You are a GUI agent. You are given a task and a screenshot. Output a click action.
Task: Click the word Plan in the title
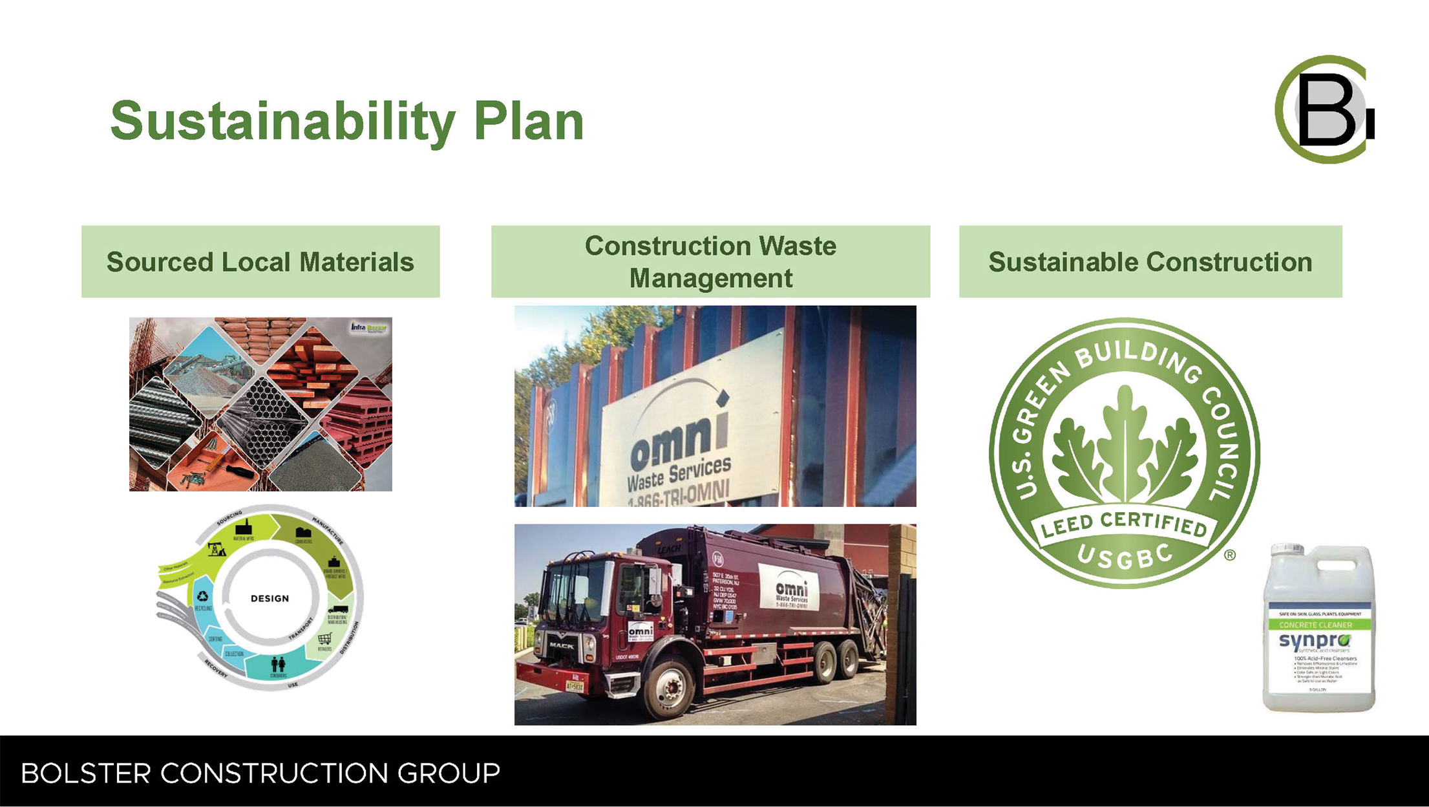click(529, 121)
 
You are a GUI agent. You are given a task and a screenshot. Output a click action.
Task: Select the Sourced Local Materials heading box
click(260, 261)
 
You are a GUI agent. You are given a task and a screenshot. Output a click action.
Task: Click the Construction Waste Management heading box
click(710, 261)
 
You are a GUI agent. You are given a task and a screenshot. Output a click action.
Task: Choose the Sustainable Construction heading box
click(1150, 261)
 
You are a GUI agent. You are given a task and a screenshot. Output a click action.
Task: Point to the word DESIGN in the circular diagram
click(270, 598)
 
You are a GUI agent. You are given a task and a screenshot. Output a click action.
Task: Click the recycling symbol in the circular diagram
click(203, 597)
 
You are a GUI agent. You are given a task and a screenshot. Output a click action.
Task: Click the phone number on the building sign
click(679, 495)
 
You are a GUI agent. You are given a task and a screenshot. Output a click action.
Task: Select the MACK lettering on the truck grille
click(561, 645)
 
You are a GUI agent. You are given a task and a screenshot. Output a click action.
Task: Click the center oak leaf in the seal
click(1125, 440)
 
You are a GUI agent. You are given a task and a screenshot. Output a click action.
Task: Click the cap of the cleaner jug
click(1286, 550)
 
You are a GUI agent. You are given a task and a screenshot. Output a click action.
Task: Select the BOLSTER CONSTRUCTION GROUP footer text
click(260, 773)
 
